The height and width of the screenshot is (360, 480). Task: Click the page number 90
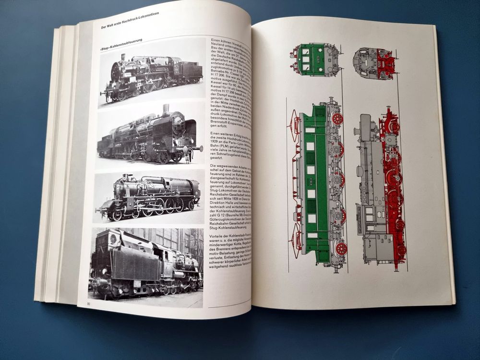point(90,303)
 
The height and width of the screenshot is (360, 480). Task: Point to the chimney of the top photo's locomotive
point(123,58)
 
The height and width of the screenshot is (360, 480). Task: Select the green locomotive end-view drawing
point(315,60)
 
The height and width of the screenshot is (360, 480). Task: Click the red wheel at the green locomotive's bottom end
point(340,248)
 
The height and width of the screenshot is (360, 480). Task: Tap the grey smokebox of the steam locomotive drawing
point(366,127)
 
